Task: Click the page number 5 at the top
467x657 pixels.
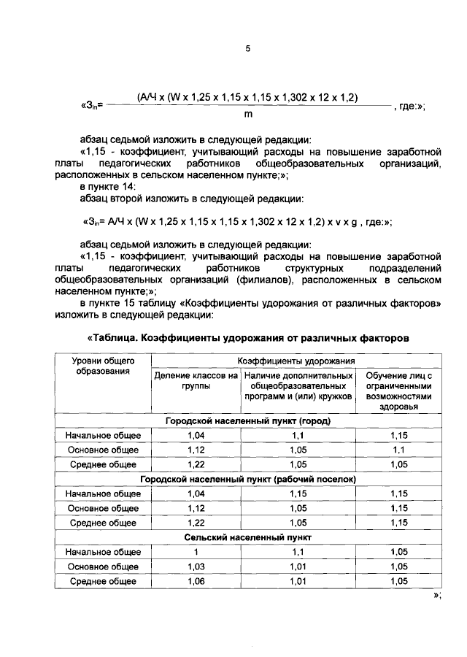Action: pyautogui.click(x=247, y=49)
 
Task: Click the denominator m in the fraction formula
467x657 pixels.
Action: pyautogui.click(x=247, y=115)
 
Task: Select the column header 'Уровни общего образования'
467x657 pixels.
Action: pyautogui.click(x=103, y=366)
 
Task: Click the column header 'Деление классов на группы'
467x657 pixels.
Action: pyautogui.click(x=196, y=381)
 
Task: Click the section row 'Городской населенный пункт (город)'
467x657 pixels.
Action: pyautogui.click(x=247, y=421)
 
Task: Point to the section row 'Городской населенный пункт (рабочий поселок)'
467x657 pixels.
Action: pyautogui.click(x=247, y=480)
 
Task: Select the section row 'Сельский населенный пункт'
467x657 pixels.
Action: pyautogui.click(x=247, y=537)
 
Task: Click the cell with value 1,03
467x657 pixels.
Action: pyautogui.click(x=196, y=566)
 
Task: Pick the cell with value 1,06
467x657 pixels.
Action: pyautogui.click(x=196, y=581)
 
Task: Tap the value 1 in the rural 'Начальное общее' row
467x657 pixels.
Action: pyautogui.click(x=196, y=552)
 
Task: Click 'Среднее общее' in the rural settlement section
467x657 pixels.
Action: pyautogui.click(x=103, y=581)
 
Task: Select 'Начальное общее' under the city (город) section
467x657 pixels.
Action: pyautogui.click(x=103, y=436)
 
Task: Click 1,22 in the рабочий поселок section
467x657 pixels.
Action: pyautogui.click(x=196, y=523)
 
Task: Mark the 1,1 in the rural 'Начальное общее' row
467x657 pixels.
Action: pyautogui.click(x=296, y=552)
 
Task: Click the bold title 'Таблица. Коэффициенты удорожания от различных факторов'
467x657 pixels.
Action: pyautogui.click(x=247, y=338)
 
